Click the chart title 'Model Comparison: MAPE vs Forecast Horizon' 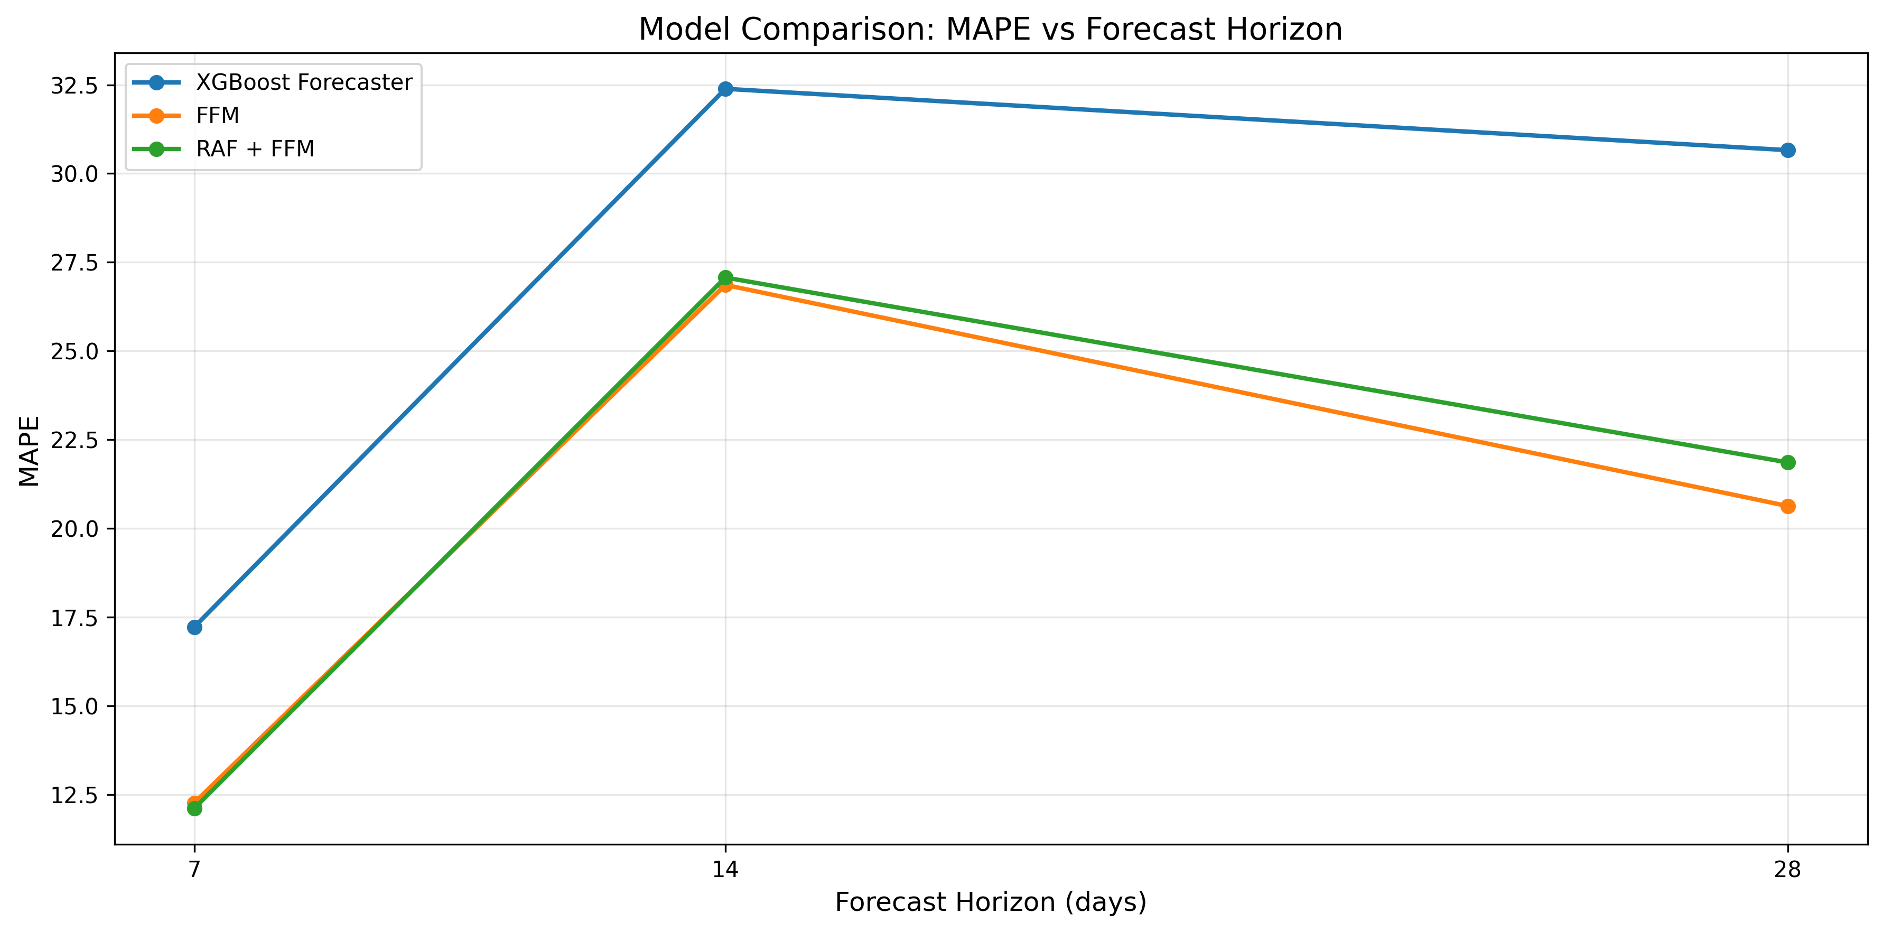[991, 29]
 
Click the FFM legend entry [217, 116]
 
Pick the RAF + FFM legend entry [254, 149]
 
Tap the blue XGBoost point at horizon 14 [725, 89]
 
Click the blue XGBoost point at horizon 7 [194, 627]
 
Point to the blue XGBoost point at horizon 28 [1788, 151]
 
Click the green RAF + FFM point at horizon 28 [1788, 463]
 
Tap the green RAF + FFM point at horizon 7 [194, 808]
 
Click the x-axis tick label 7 [194, 870]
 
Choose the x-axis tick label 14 [725, 870]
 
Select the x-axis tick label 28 [1788, 870]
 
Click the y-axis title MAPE [29, 451]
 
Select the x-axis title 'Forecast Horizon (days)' [991, 902]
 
